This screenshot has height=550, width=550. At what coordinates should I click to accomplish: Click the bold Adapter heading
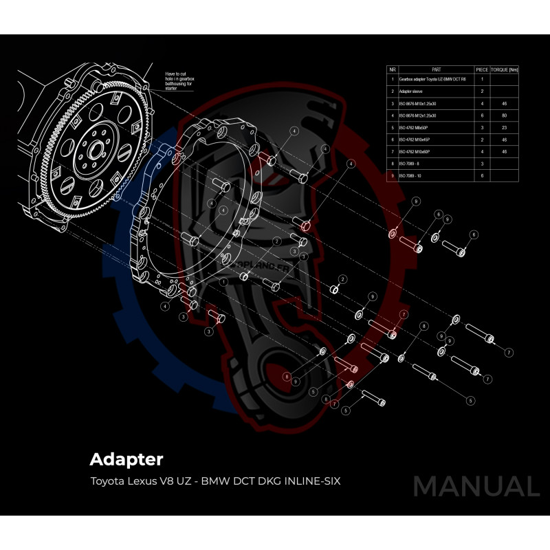[x=126, y=459]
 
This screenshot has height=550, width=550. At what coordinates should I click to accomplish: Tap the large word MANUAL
[x=476, y=486]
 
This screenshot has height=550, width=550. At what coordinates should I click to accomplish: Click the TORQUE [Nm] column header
[x=505, y=70]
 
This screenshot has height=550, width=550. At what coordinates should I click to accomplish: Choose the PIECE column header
[x=482, y=70]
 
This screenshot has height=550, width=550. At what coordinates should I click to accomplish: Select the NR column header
[x=392, y=70]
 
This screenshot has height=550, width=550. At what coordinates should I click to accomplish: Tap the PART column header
[x=436, y=70]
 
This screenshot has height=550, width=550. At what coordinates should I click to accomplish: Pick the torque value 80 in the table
[x=505, y=115]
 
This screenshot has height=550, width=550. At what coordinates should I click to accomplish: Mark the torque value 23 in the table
[x=505, y=128]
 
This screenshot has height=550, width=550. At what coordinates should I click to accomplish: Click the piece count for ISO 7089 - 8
[x=482, y=164]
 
